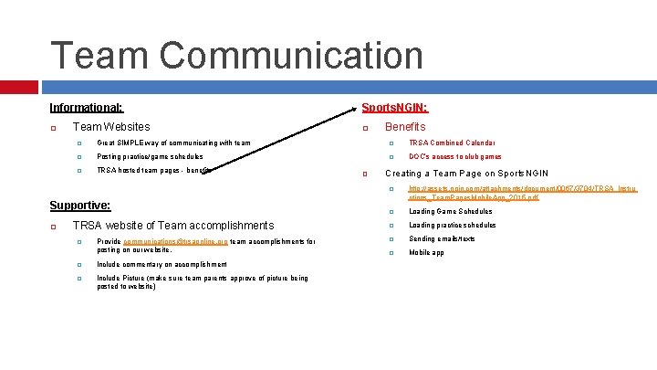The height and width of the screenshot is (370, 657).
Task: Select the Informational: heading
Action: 87,107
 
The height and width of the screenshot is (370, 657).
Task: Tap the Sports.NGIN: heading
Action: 395,107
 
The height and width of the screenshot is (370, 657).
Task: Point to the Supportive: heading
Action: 79,206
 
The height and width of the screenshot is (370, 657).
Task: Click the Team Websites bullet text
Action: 110,127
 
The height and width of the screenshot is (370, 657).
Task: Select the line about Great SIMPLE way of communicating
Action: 173,143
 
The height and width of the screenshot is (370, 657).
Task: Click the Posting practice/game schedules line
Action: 150,156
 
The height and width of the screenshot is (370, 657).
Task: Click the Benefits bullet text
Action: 405,127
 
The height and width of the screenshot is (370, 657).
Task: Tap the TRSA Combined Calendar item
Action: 453,143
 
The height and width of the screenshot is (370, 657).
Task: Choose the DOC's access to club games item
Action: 455,156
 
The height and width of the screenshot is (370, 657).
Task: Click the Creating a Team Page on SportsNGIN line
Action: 466,173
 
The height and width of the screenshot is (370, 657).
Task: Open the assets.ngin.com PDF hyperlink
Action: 522,193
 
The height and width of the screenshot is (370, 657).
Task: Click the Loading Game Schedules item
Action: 450,211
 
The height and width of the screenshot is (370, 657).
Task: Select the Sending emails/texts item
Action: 442,238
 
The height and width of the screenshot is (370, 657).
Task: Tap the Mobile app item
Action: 426,252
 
